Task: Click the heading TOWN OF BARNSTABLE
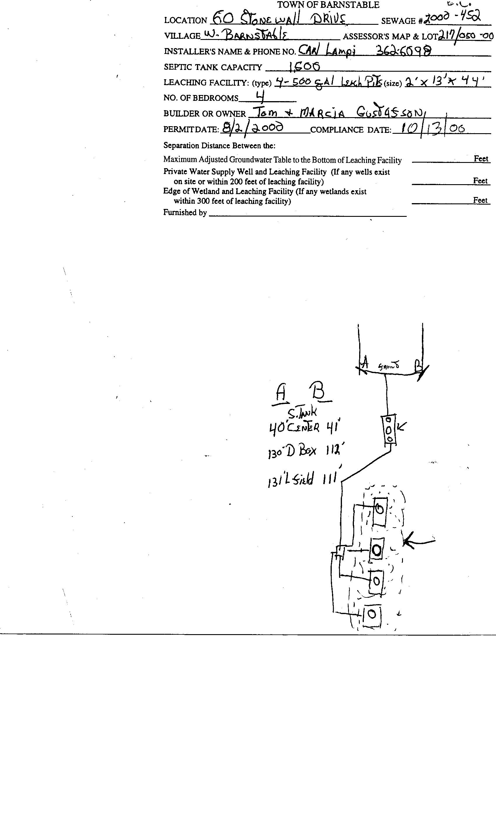328,5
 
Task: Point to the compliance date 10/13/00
433,128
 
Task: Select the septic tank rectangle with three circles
389,430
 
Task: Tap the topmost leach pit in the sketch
380,510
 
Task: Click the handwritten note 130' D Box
292,452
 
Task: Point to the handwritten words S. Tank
302,413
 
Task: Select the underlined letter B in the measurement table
319,391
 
